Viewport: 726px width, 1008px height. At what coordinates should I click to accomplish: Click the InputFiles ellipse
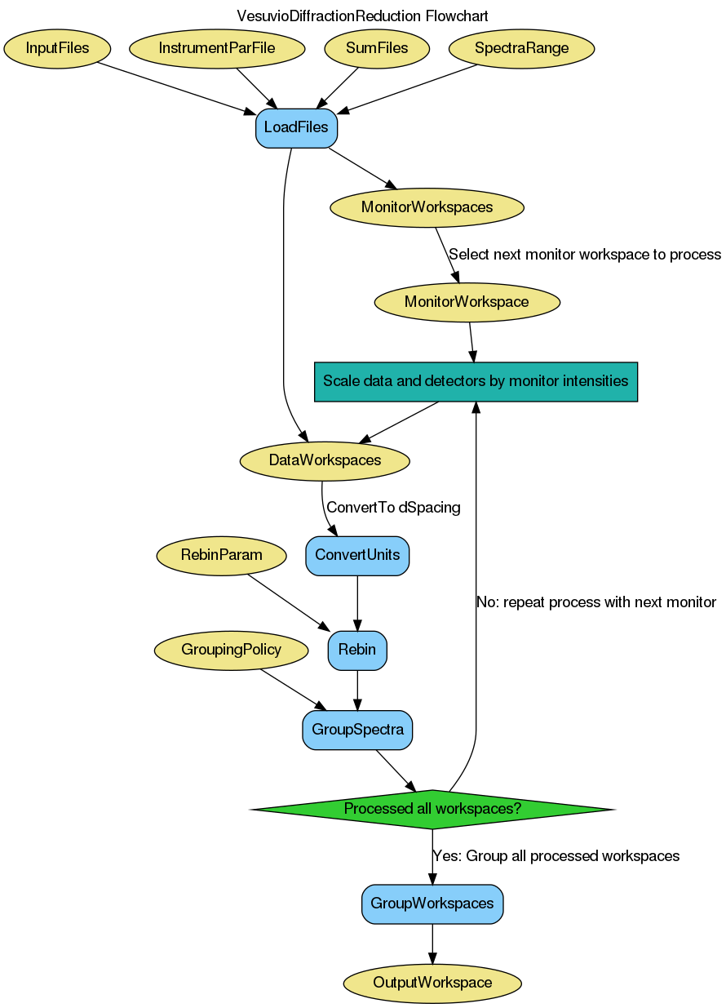coord(57,48)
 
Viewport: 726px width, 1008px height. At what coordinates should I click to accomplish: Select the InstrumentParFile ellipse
coord(217,48)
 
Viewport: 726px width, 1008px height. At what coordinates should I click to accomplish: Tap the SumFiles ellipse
coord(377,48)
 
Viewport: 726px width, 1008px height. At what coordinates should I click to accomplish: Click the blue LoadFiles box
coord(296,128)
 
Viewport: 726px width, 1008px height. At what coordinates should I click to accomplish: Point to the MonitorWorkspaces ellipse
coord(427,207)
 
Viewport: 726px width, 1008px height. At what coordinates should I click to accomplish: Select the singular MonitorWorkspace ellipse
coord(467,302)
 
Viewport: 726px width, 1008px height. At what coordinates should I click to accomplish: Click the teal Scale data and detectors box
coord(476,381)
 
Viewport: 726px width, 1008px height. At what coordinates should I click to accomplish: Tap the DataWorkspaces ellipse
coord(325,460)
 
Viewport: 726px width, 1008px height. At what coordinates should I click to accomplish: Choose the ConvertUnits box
coord(357,556)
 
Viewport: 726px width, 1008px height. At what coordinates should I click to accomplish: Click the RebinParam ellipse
coord(222,556)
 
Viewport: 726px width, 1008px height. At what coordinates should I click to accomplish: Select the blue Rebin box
coord(357,651)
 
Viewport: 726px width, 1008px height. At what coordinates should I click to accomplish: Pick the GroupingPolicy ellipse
coord(232,651)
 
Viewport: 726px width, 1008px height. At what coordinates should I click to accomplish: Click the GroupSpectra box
coord(357,730)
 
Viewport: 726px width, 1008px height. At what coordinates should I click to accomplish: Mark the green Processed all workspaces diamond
coord(432,810)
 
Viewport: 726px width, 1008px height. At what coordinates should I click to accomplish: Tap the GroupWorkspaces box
coord(432,904)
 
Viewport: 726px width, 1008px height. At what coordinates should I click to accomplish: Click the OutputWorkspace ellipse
coord(432,983)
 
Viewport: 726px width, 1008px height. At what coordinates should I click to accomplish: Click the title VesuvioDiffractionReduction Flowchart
coord(362,16)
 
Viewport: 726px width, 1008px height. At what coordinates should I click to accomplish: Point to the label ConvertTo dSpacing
coord(393,508)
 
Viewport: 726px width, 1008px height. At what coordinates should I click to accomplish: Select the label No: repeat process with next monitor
coord(596,602)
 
